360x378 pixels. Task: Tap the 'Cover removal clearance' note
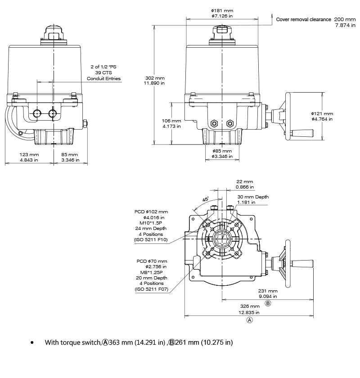pos(303,19)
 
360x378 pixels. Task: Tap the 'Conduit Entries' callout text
pos(103,78)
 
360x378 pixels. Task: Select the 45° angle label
pos(206,199)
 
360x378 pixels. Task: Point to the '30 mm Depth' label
pos(252,197)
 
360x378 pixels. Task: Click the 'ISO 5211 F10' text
pos(151,240)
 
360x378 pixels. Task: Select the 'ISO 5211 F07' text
pos(151,289)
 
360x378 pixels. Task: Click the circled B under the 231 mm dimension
pos(268,304)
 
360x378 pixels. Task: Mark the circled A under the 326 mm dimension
pos(250,320)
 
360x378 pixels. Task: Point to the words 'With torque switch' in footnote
pos(72,342)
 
